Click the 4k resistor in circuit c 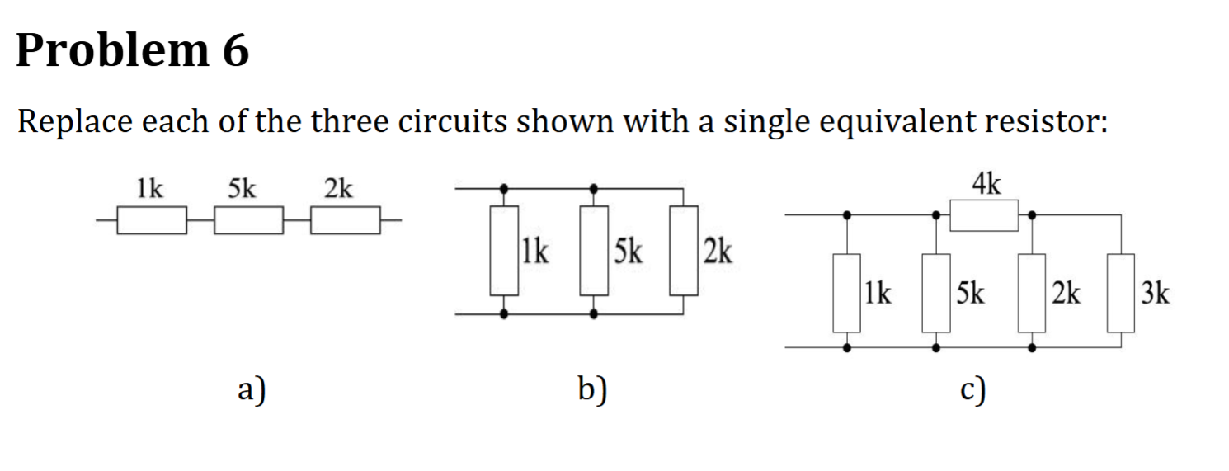pos(984,215)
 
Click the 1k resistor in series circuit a pos(151,221)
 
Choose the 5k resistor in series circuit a pos(249,221)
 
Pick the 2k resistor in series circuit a pos(345,221)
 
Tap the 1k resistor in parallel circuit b pos(505,250)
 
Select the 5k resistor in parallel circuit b pos(594,250)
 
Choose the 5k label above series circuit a pos(242,189)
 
